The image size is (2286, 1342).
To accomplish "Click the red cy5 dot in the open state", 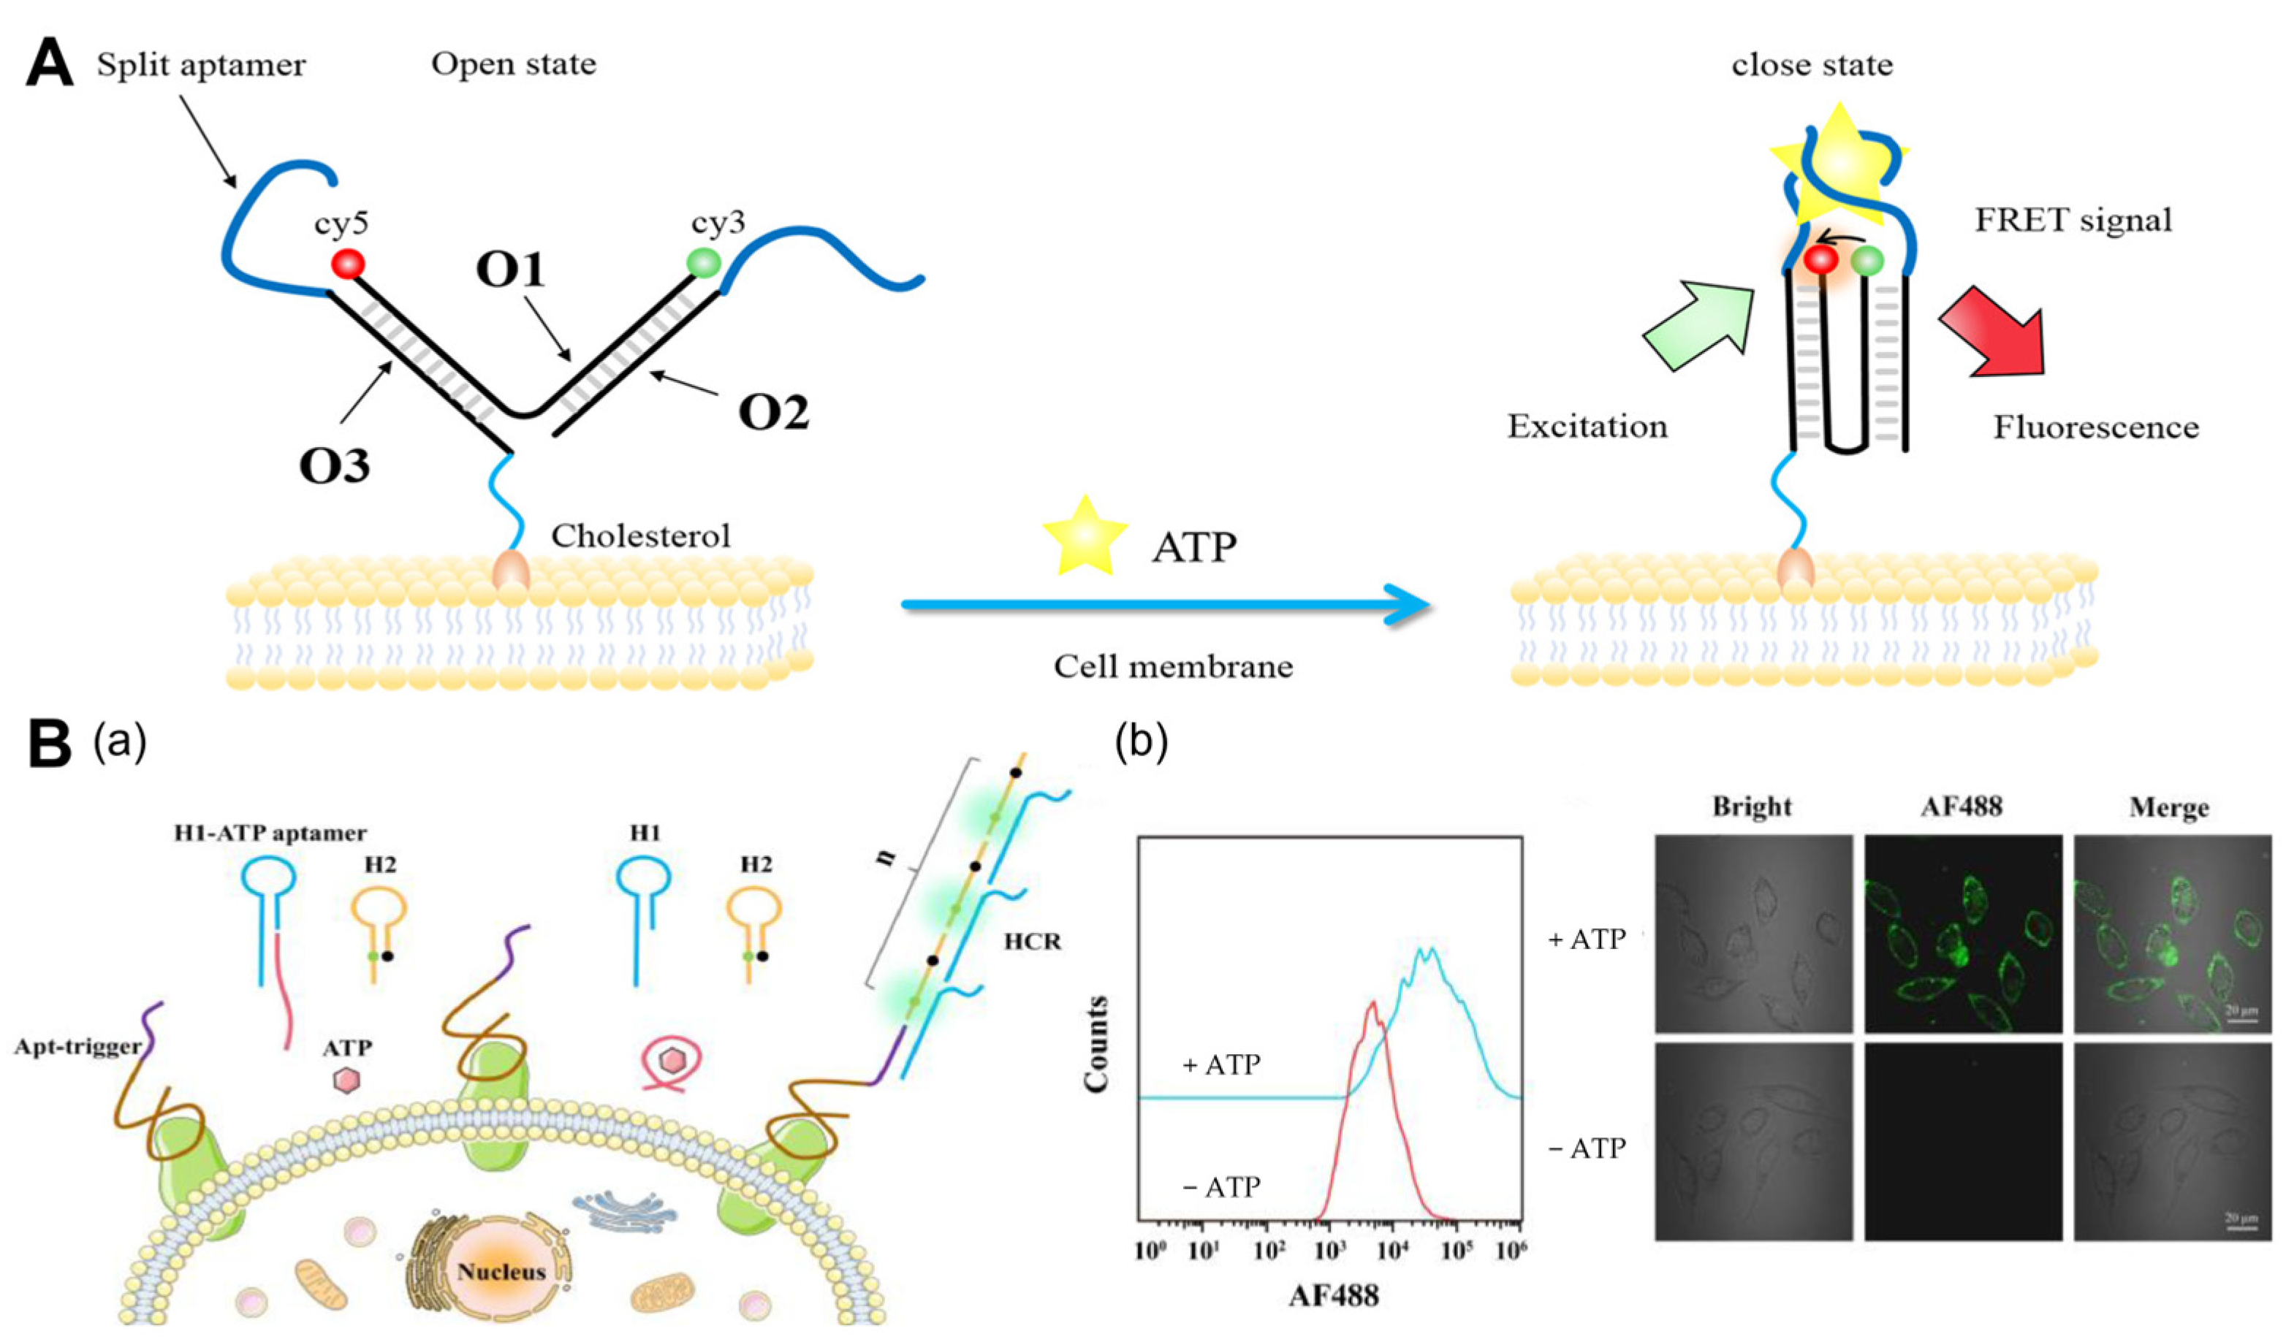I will coord(347,264).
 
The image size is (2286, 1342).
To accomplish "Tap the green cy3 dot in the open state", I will coord(703,263).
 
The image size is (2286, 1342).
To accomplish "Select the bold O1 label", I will coord(512,270).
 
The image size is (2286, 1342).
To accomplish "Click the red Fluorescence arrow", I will coord(1996,342).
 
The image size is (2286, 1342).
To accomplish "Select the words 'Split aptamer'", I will coord(202,65).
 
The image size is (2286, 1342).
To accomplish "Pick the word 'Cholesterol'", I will coord(640,536).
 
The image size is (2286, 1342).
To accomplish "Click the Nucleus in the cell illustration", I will coord(501,1270).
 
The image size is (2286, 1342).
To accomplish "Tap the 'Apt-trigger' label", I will coord(78,1046).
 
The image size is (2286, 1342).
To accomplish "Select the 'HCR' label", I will coord(1033,941).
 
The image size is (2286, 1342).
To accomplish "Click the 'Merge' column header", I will coord(2168,807).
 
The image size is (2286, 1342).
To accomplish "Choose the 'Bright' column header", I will coord(1752,807).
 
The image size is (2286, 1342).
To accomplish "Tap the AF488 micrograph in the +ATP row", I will coord(1962,934).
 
